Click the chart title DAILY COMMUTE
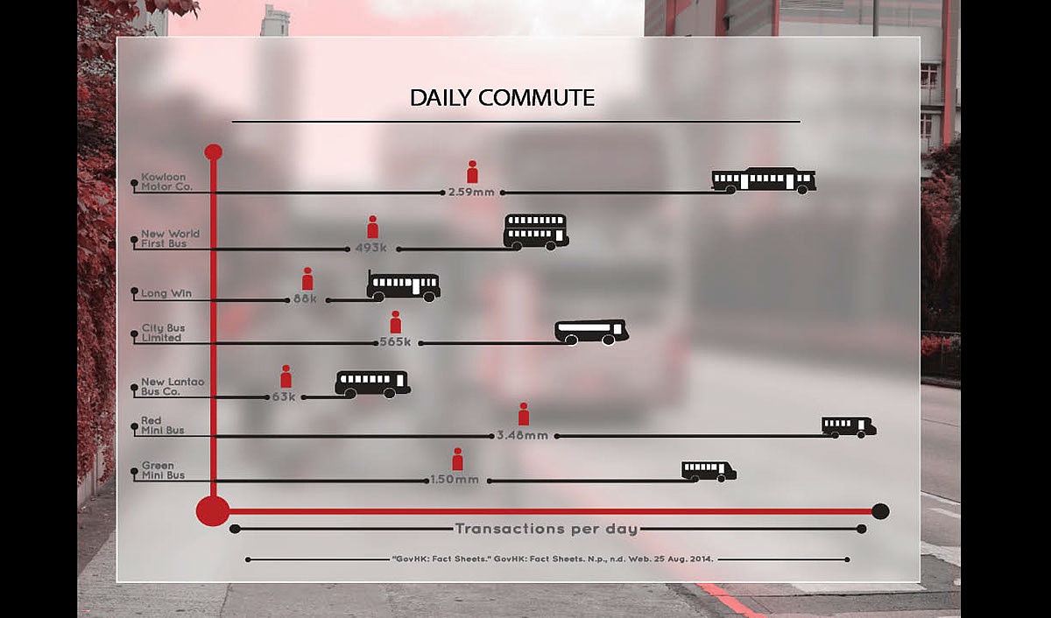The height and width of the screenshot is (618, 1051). pos(502,97)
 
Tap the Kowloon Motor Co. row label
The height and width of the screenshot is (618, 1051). pos(166,182)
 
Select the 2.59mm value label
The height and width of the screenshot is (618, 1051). pos(471,192)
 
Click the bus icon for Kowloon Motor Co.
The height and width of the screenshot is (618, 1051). pos(764,179)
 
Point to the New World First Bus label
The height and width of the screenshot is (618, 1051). pos(170,239)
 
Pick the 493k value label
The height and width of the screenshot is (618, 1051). pos(371,248)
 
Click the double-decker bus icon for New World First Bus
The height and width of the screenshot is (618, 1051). pos(535,231)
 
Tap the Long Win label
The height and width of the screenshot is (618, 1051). pos(166,293)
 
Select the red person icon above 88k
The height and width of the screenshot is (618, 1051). pos(307,278)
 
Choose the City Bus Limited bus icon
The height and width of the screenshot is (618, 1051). pos(591,331)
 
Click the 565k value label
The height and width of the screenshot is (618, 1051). pos(395,342)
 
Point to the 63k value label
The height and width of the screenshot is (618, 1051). pos(285,397)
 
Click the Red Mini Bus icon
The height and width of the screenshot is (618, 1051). pos(848,426)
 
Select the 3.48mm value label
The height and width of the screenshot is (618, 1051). pos(522,435)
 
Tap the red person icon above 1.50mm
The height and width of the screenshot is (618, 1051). pos(457,460)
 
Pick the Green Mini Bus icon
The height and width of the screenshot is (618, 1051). pos(709,471)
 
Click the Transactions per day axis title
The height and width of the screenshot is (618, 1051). pos(546,529)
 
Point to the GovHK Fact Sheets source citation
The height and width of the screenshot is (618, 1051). pos(552,558)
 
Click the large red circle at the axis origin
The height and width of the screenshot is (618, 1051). pos(212,509)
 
